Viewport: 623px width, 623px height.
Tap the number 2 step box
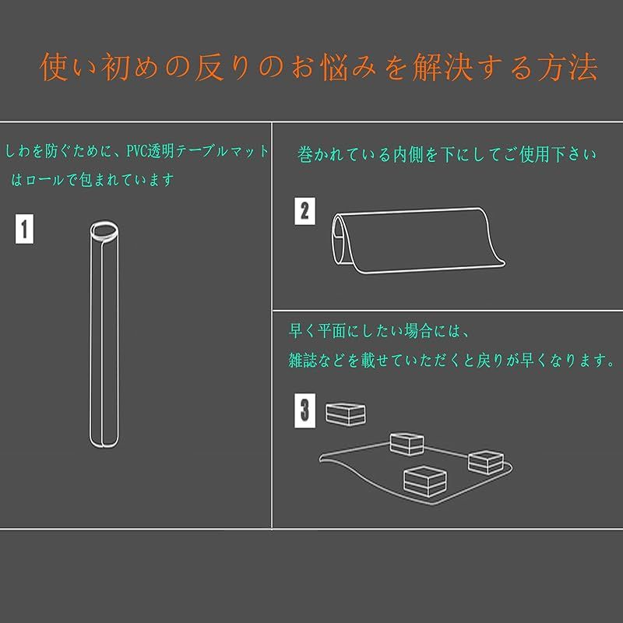click(x=304, y=211)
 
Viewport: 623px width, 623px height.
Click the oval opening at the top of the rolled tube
click(x=104, y=231)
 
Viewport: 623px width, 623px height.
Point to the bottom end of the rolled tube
click(x=104, y=442)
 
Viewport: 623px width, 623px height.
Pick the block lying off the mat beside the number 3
click(x=345, y=414)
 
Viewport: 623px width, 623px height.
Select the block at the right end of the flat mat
click(x=487, y=462)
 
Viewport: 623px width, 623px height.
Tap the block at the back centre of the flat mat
click(x=406, y=445)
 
